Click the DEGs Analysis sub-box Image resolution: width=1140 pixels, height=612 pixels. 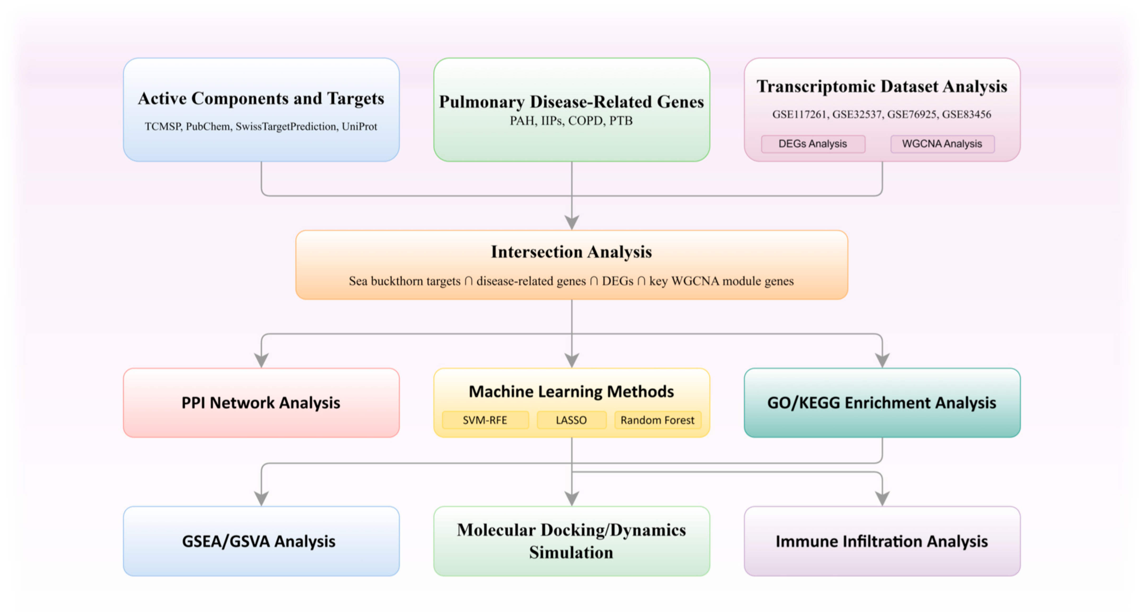pos(813,144)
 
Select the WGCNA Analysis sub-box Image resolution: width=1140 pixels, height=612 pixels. pos(942,144)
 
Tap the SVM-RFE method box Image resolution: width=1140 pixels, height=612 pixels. pos(485,420)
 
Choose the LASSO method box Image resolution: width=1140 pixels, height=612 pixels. pos(571,420)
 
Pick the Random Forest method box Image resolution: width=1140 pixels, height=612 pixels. pos(658,420)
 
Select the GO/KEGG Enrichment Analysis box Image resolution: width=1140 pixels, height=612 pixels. pos(882,403)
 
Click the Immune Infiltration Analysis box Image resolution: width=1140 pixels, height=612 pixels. pos(882,541)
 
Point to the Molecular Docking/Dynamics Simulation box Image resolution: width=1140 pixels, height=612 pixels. pos(572,541)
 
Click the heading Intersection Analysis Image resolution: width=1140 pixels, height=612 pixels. pos(571,252)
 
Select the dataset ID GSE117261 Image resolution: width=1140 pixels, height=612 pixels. pos(800,114)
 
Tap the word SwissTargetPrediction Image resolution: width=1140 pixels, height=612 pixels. pos(286,127)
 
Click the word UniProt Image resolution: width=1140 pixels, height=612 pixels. pos(359,127)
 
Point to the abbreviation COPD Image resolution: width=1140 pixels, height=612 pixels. pos(585,121)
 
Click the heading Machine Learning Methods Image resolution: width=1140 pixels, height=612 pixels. pos(571,391)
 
